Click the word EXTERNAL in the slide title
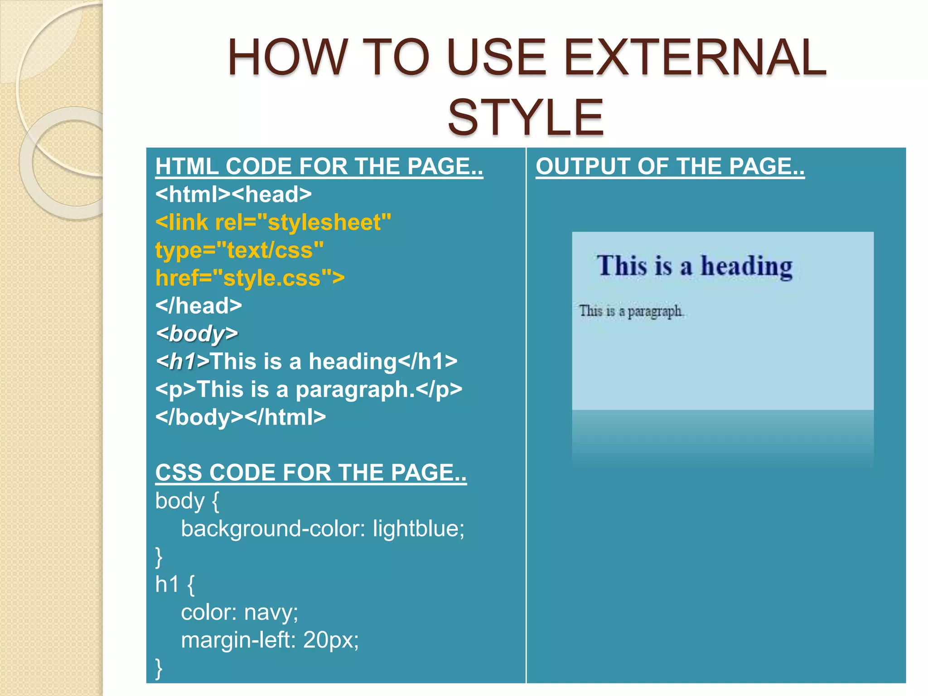(x=695, y=58)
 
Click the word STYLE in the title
(x=526, y=118)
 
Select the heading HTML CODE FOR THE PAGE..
(x=319, y=166)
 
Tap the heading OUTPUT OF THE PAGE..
(x=670, y=166)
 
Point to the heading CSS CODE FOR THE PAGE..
(x=310, y=473)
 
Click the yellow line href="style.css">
(x=250, y=278)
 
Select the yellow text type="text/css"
(x=239, y=250)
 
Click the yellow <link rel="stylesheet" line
(x=273, y=222)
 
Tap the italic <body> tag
(x=196, y=334)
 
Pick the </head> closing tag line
(x=198, y=306)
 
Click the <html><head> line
(x=233, y=194)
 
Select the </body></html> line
(x=240, y=417)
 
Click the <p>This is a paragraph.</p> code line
(x=308, y=389)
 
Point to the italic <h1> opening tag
(x=182, y=362)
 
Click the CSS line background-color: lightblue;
(x=323, y=529)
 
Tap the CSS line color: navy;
(x=239, y=612)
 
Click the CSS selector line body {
(x=187, y=501)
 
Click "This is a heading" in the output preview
(x=694, y=266)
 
